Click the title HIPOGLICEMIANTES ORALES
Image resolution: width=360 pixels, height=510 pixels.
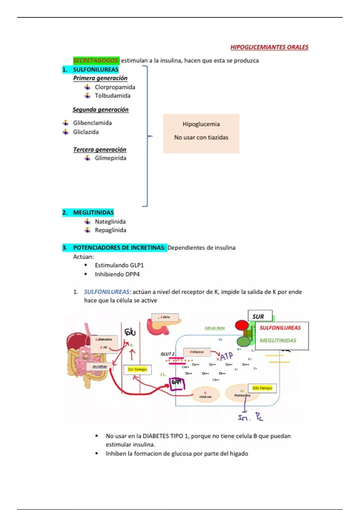[x=269, y=47]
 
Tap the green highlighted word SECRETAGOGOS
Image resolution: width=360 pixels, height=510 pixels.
[x=96, y=60]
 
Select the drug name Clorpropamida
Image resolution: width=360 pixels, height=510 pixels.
[x=115, y=87]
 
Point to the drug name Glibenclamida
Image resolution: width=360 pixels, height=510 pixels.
[x=92, y=123]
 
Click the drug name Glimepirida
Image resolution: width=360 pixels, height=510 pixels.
[x=110, y=158]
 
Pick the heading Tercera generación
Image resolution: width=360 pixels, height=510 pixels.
[x=100, y=149]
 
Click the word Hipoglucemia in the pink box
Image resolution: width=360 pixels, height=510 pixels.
[x=201, y=124]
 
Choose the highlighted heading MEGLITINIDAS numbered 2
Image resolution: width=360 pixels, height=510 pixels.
[x=93, y=212]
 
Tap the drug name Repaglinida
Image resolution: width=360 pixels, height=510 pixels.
[x=110, y=230]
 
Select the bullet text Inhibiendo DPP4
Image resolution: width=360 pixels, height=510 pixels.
[x=117, y=274]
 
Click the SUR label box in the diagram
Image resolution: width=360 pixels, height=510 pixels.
[x=260, y=316]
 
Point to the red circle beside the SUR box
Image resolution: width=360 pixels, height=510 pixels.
[x=242, y=325]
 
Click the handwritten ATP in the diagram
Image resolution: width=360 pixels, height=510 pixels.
[x=226, y=356]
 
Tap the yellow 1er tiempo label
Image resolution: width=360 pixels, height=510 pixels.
[x=137, y=369]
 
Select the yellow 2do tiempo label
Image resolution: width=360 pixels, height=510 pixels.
[x=262, y=388]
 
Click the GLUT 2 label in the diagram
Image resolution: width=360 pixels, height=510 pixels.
[x=167, y=354]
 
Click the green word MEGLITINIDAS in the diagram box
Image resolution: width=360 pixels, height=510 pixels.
[x=278, y=340]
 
